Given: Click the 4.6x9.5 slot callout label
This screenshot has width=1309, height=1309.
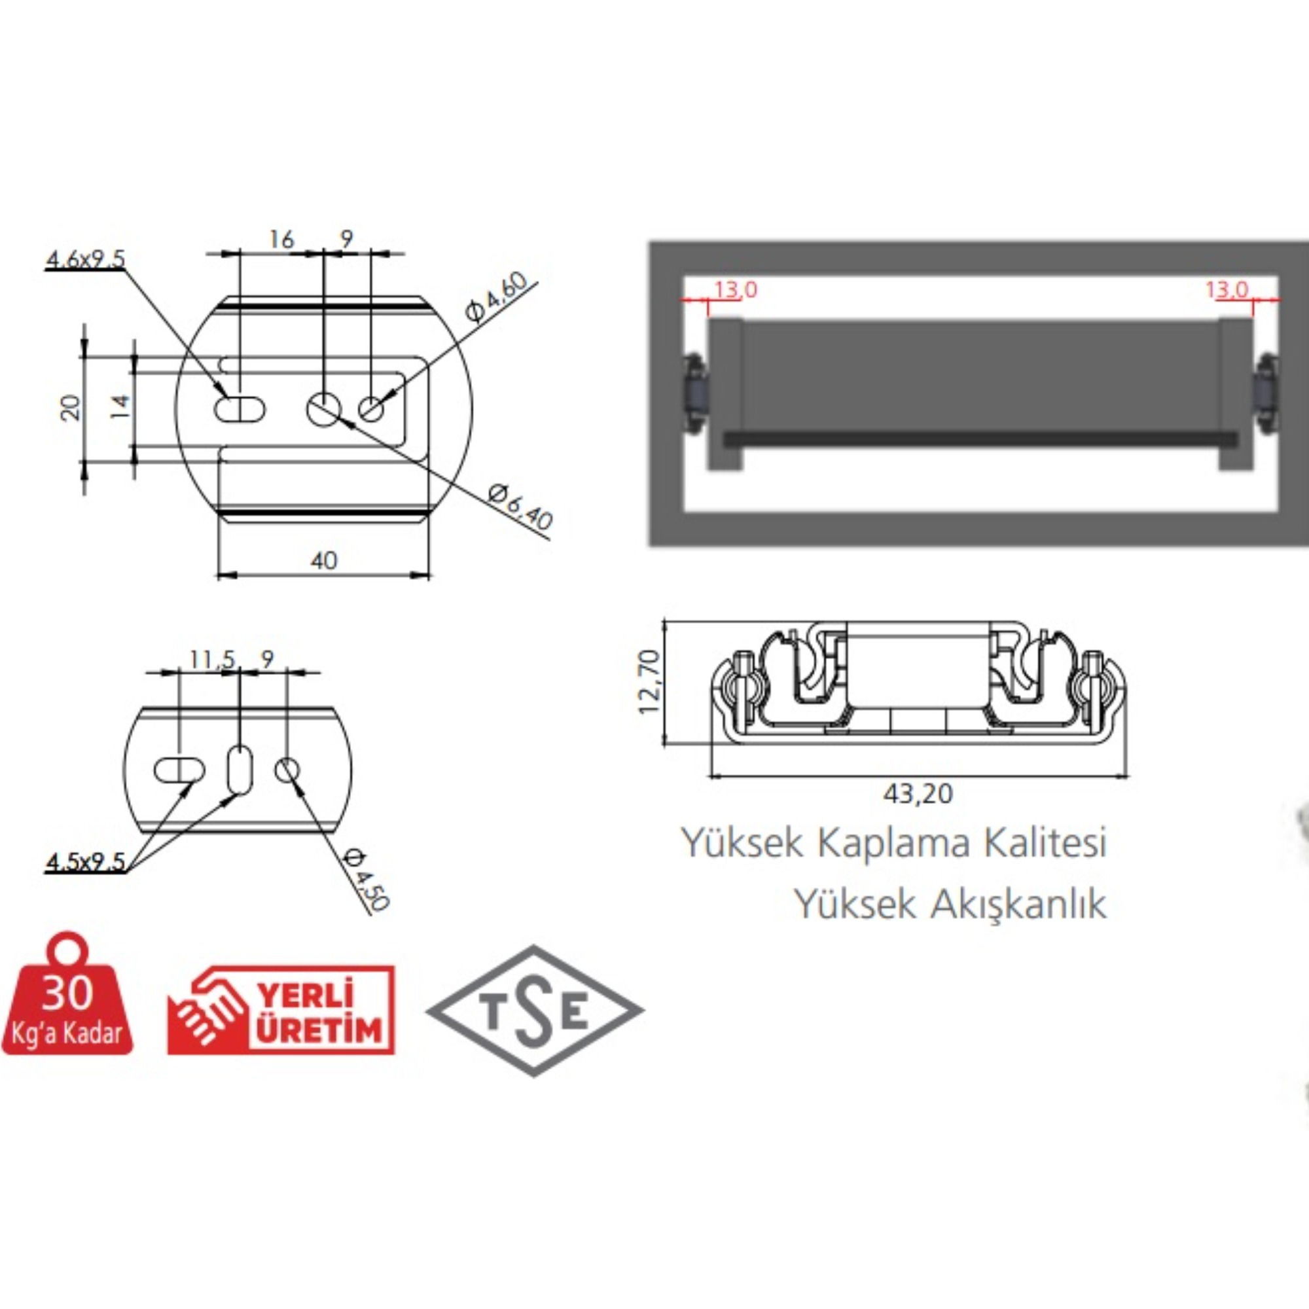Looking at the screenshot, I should point(85,259).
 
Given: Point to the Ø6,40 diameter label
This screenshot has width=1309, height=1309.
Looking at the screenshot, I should point(520,507).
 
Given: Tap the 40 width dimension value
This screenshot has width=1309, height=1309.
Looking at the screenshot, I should point(324,560).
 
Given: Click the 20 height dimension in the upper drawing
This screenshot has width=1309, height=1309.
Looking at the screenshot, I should point(71,408).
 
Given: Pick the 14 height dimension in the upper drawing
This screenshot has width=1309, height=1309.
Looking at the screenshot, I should point(120,406).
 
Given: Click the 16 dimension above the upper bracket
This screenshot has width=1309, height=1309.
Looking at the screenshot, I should point(281,239).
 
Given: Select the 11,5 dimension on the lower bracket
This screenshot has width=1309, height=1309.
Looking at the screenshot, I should point(211,659).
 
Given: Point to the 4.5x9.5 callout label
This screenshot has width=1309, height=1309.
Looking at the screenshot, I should point(85,862).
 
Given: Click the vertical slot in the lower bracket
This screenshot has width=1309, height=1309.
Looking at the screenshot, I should point(239,769).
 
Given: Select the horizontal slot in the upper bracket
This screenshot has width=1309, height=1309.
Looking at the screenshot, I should point(239,409).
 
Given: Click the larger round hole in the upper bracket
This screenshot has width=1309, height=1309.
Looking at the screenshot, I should point(324,409).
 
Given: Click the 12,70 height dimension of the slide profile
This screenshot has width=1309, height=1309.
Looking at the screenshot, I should point(650,681).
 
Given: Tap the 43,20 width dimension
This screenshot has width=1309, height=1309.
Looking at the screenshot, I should point(918,793).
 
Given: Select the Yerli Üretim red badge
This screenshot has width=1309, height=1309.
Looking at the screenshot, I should point(281,1009).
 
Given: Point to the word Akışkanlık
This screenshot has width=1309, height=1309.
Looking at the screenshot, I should point(1018,904).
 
